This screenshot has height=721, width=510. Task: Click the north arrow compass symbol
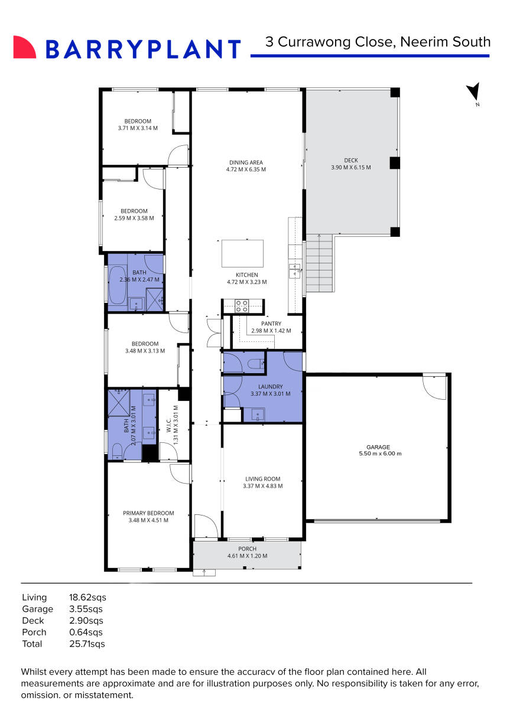pos(473,92)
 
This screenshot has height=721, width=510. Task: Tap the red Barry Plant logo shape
pos(24,47)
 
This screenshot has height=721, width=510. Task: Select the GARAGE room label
pos(378,447)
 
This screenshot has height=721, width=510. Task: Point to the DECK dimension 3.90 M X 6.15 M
pos(350,168)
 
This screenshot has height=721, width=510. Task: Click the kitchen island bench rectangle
pos(242,254)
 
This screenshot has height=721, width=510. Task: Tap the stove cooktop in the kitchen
pos(242,306)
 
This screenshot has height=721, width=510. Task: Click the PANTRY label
pos(271,324)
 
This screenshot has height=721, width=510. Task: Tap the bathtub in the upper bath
pos(114,285)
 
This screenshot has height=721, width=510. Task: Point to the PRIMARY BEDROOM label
pos(148,513)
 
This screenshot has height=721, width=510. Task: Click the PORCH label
pos(247,549)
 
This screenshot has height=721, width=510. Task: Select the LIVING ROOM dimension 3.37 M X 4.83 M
pos(262,487)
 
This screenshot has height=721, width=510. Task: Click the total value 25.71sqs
pos(87,644)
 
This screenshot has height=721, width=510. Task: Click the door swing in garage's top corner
pos(435,387)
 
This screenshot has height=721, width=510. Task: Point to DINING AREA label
pos(246,162)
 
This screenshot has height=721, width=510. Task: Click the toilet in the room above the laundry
pos(256,364)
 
